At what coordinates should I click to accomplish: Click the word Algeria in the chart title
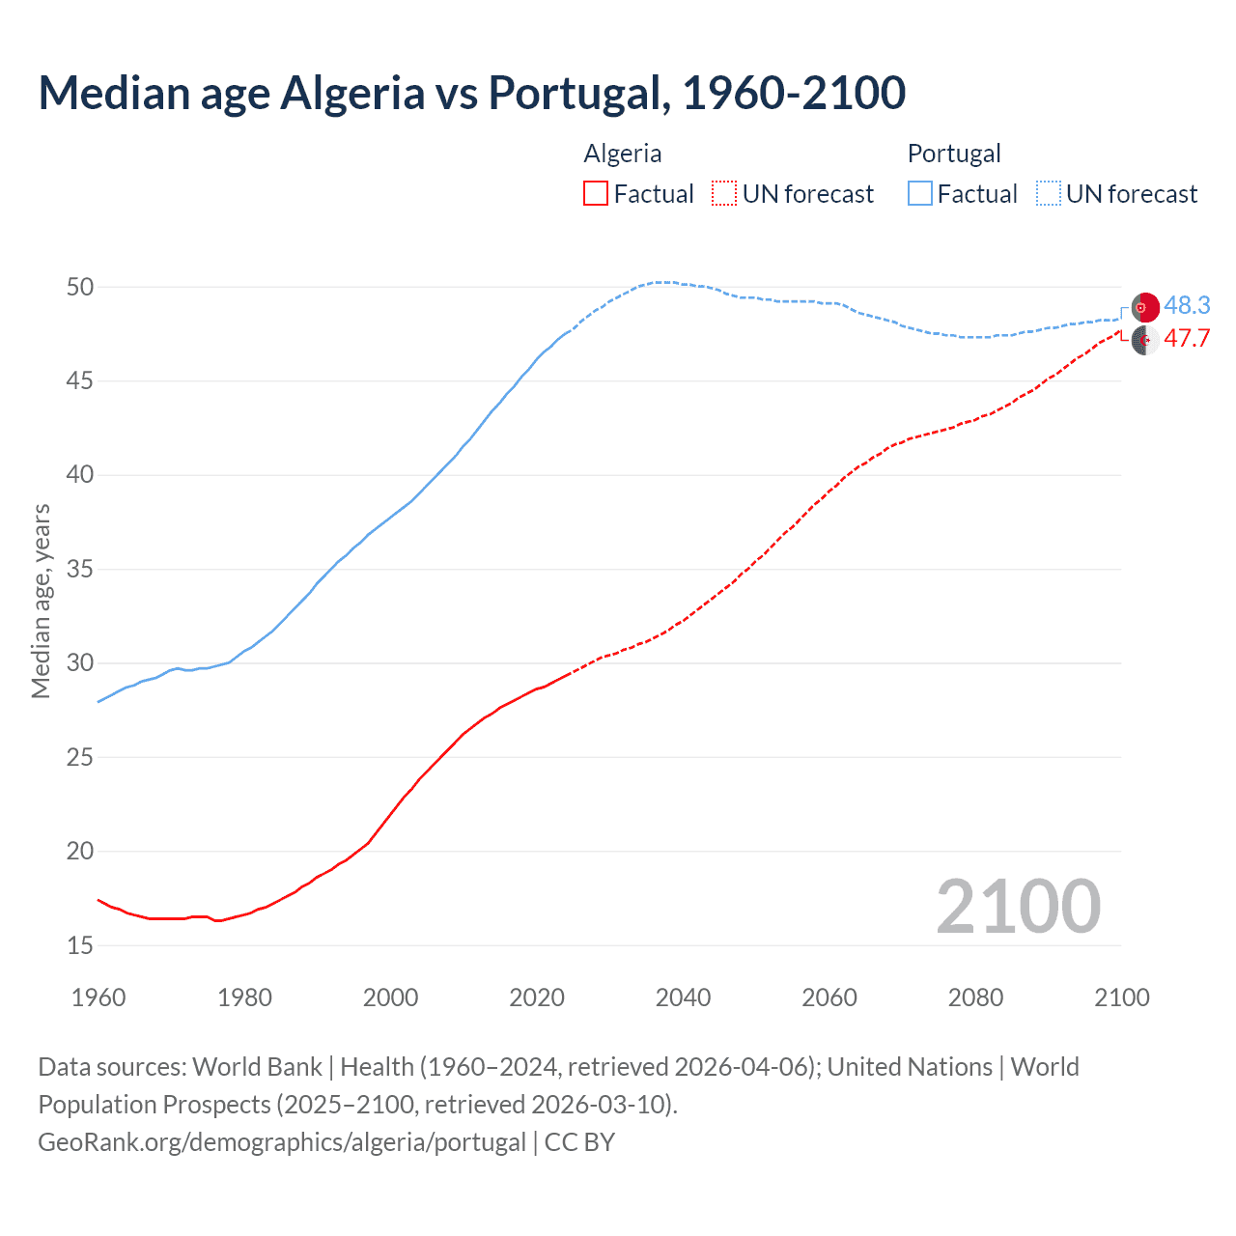[x=352, y=93]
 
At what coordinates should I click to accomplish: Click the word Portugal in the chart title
[x=576, y=93]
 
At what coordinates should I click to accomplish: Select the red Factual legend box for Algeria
[x=596, y=194]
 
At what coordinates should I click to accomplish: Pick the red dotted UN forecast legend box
[x=724, y=194]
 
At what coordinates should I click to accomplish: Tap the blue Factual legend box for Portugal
[x=919, y=194]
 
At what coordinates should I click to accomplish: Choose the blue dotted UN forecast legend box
[x=1048, y=194]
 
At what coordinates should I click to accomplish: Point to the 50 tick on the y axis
[x=80, y=287]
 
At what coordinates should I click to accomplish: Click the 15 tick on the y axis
[x=80, y=945]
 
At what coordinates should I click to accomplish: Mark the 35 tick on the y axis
[x=80, y=569]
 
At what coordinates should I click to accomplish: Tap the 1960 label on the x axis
[x=98, y=997]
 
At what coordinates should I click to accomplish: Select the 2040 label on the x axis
[x=683, y=997]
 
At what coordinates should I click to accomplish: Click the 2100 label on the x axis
[x=1121, y=997]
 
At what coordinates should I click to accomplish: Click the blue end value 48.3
[x=1187, y=305]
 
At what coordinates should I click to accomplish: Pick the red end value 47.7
[x=1187, y=339]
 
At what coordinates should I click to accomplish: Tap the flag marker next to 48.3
[x=1145, y=307]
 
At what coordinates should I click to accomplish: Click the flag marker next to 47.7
[x=1145, y=340]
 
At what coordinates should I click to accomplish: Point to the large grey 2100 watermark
[x=1018, y=906]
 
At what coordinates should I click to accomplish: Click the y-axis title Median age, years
[x=41, y=601]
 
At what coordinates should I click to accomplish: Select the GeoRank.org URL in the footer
[x=282, y=1142]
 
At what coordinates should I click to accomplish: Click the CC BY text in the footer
[x=579, y=1142]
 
